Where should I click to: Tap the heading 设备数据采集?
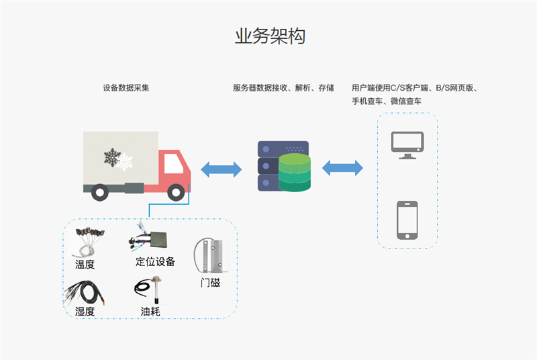click(x=126, y=88)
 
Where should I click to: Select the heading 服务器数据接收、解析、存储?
click(x=283, y=88)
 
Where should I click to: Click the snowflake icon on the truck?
click(x=115, y=158)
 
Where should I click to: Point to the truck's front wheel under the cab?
click(x=176, y=193)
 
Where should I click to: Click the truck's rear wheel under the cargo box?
click(x=100, y=193)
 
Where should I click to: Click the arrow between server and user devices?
click(x=342, y=168)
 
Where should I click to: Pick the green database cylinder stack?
click(x=295, y=171)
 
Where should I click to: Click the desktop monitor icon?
click(x=407, y=144)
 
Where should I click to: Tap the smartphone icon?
click(x=407, y=219)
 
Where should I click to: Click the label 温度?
click(x=85, y=265)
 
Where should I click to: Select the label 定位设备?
click(x=156, y=261)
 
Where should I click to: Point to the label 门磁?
click(x=210, y=283)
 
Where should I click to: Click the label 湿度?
click(x=85, y=312)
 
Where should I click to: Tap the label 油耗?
click(x=150, y=312)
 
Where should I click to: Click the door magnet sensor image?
click(x=210, y=255)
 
